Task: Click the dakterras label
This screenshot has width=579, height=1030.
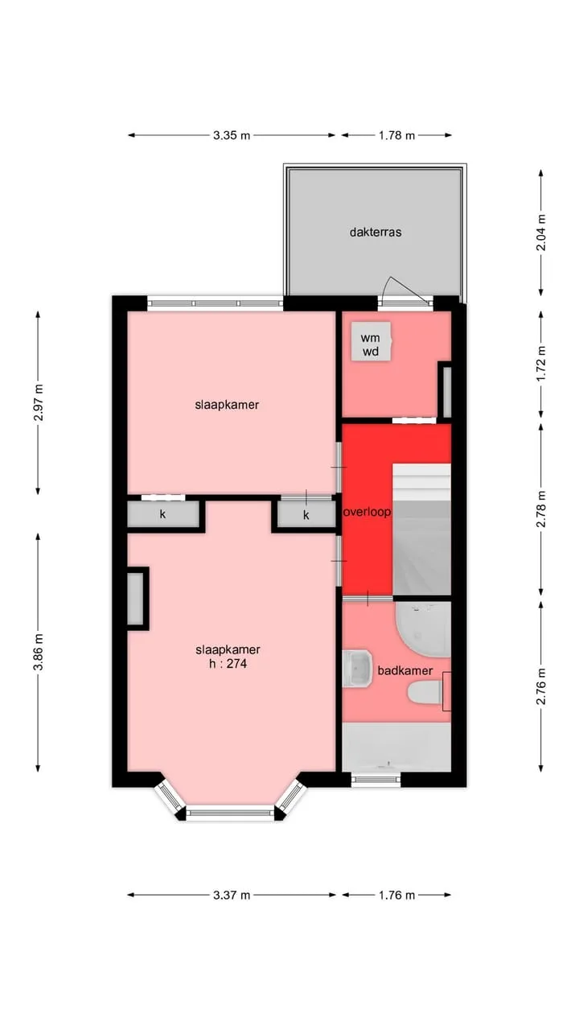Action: pos(376,232)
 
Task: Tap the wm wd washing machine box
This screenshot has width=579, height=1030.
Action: pos(372,341)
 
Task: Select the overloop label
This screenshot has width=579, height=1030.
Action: pos(368,512)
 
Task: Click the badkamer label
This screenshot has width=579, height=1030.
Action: pos(404,670)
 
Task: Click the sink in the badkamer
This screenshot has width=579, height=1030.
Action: pos(357,669)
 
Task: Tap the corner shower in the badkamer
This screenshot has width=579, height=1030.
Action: pos(423,629)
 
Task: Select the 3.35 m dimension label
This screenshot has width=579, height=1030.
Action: pos(232,135)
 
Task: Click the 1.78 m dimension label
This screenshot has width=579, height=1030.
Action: pos(396,135)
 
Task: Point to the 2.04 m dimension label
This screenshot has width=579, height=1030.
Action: pos(542,233)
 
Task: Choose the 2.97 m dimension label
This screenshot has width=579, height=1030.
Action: pos(39,402)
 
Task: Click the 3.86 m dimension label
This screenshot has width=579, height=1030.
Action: pos(39,652)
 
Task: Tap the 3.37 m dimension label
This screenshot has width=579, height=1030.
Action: pos(232,895)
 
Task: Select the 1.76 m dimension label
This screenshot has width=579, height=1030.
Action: pos(396,895)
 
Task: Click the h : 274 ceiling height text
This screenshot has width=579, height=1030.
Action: pos(228,664)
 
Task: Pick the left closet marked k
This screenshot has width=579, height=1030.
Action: pos(163,514)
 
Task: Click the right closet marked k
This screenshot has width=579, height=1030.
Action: pos(306,515)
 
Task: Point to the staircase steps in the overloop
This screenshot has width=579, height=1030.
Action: pos(421,529)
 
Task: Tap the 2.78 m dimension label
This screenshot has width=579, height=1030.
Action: pos(542,509)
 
